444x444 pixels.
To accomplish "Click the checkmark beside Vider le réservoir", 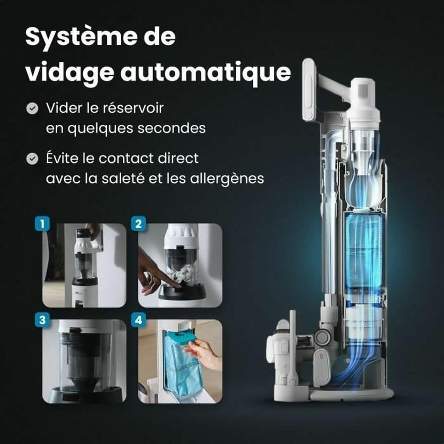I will (x=33, y=109).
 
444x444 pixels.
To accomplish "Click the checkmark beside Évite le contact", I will (x=33, y=159).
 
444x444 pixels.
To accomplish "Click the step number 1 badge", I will (x=42, y=224).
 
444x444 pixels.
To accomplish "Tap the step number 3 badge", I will (x=42, y=320).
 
